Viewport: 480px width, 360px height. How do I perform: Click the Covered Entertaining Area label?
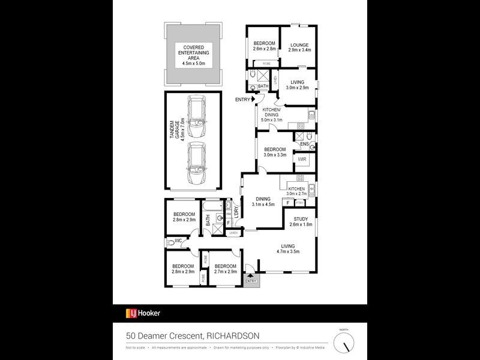pos(189,54)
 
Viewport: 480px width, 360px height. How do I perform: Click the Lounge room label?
pos(299,47)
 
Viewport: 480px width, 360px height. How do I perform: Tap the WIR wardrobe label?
pos(302,159)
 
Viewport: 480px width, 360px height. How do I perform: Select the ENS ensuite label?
pos(304,144)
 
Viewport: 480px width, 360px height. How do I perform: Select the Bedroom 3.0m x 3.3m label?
pos(275,152)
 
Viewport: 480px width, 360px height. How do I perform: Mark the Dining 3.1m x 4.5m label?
pos(264,202)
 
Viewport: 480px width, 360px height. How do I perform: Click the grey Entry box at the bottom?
pos(251,280)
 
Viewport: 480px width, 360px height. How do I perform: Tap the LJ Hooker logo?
pos(143,313)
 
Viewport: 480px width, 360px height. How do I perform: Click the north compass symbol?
pos(344,343)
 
